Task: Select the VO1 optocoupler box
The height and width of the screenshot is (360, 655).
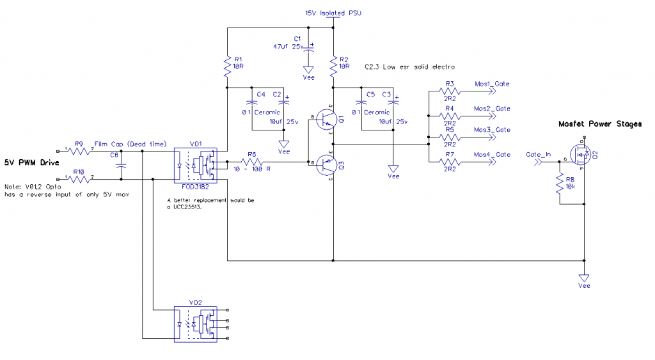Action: click(196, 164)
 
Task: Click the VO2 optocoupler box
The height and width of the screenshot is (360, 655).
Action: click(196, 324)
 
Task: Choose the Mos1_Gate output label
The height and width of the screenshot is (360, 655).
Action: click(492, 84)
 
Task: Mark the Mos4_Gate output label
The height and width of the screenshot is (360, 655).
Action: click(492, 155)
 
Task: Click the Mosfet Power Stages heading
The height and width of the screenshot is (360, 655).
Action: click(599, 124)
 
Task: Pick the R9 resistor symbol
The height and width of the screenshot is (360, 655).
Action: click(79, 152)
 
